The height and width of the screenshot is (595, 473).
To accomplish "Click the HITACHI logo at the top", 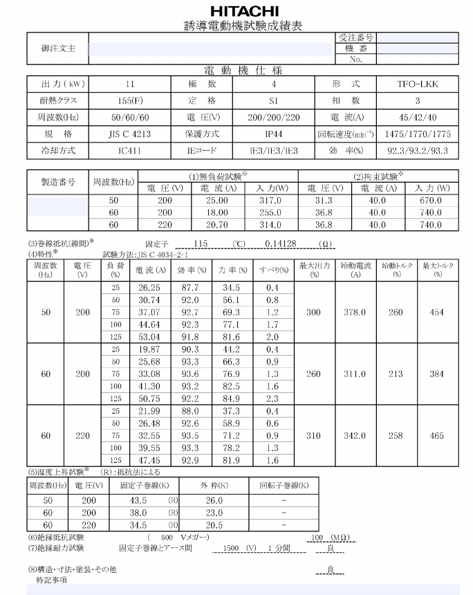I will point(244,11).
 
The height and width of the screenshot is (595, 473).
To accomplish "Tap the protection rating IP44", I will point(274,134).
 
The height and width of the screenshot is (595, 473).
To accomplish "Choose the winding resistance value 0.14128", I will point(280,244).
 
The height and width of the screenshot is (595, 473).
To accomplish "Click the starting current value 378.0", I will point(355,313).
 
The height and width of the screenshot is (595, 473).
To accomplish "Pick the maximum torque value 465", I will point(437,436).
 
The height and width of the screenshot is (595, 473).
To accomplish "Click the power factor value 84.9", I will point(231,399).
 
